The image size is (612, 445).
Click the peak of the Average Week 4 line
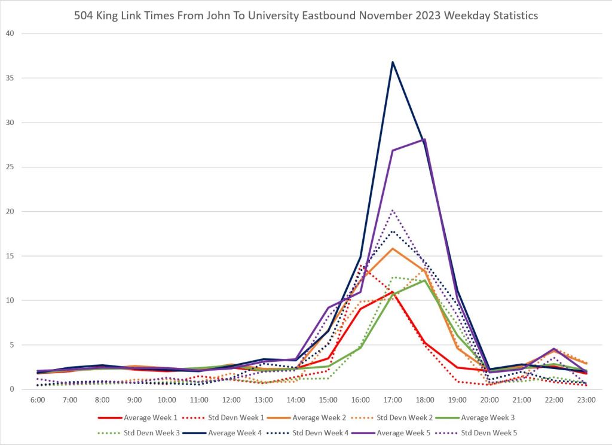click(393, 62)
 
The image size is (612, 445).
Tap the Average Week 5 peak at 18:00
click(424, 139)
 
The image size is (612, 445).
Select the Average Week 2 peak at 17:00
click(393, 248)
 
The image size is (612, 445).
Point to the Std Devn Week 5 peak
click(393, 210)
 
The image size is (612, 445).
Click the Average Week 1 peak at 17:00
click(393, 292)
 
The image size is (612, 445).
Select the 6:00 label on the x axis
click(38, 400)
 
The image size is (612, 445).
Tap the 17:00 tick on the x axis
click(393, 400)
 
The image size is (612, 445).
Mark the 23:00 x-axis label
click(586, 400)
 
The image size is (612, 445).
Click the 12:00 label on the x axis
click(231, 400)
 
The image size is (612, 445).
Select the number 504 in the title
click(84, 16)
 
